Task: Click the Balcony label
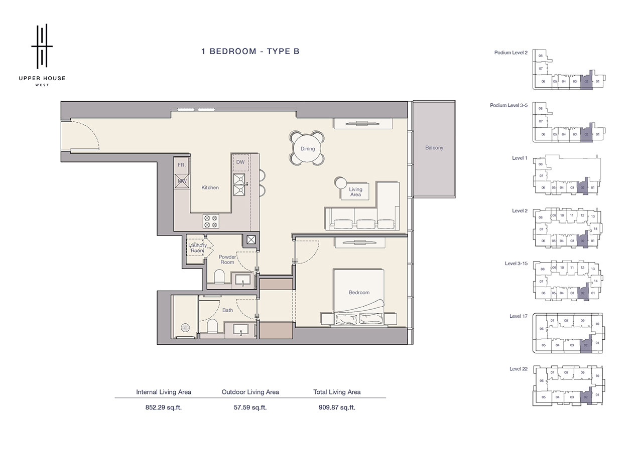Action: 434,148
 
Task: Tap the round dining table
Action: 307,148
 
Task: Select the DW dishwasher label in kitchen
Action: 240,162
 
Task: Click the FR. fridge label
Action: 181,164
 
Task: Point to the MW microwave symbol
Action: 182,181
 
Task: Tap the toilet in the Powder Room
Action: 219,277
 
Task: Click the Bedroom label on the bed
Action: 359,293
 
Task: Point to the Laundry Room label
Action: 197,248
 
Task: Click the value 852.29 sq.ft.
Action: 163,407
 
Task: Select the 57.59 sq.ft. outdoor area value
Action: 250,407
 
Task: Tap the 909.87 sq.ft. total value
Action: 337,407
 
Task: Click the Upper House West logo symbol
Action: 42,46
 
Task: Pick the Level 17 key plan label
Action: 518,316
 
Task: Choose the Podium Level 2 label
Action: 510,53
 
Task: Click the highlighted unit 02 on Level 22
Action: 586,396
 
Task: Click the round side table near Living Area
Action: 341,182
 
